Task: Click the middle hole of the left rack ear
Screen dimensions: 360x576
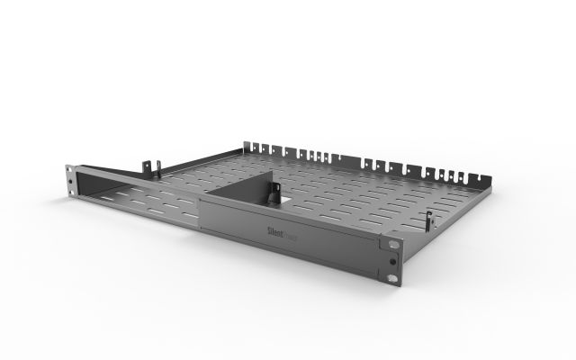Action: (x=69, y=183)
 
